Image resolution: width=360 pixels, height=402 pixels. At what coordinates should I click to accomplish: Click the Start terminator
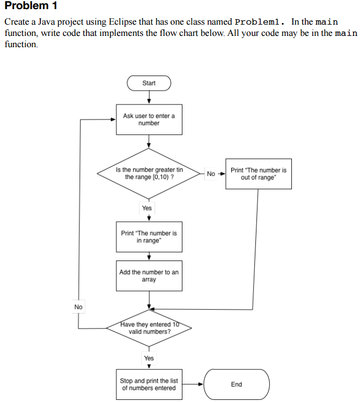tap(149, 83)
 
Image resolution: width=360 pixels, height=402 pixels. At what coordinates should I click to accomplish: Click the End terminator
tap(237, 384)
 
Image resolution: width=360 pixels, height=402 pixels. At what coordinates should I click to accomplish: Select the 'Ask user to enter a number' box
tap(149, 120)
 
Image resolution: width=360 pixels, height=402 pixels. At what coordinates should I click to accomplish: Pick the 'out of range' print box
tap(259, 174)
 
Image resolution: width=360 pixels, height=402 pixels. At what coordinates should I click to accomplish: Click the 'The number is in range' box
tap(149, 237)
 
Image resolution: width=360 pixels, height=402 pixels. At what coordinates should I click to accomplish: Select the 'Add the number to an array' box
tap(149, 276)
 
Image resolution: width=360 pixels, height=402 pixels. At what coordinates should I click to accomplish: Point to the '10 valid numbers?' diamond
tap(149, 328)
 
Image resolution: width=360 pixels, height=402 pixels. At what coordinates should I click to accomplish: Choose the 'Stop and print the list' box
tap(149, 384)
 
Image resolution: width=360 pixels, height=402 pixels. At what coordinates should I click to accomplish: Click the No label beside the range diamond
tap(211, 174)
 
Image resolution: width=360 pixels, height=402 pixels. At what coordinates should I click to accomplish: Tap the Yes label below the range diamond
tap(147, 208)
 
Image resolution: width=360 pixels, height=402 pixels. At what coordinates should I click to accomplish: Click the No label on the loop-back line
tap(78, 307)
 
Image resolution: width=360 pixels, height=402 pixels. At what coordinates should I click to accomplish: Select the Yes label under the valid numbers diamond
tap(149, 358)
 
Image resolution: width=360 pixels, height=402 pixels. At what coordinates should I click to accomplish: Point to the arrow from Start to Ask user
tap(149, 98)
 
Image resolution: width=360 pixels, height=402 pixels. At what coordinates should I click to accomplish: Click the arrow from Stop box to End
tap(193, 384)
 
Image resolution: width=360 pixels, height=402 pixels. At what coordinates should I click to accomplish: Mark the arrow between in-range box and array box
tap(149, 256)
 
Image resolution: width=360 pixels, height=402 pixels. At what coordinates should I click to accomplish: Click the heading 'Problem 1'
tap(31, 6)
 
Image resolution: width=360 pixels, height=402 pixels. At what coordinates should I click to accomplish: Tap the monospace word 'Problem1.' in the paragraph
tap(260, 22)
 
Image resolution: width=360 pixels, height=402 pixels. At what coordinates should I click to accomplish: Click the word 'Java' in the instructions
tap(47, 22)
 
